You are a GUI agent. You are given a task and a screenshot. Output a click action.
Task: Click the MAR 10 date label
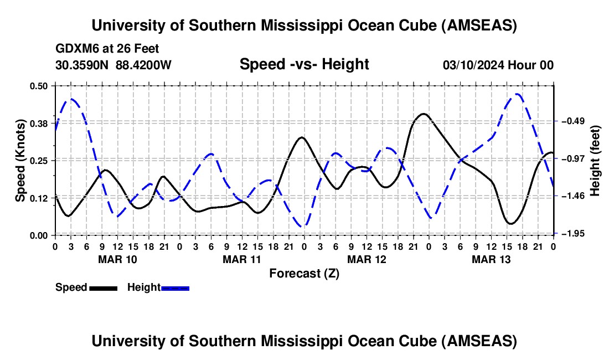click(x=117, y=259)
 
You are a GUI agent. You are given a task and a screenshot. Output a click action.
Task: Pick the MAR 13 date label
click(x=491, y=259)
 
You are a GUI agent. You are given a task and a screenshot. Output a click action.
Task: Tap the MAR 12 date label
click(x=367, y=259)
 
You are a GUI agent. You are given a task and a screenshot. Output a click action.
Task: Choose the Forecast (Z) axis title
click(x=304, y=273)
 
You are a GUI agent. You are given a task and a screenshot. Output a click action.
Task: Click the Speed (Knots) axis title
click(x=20, y=160)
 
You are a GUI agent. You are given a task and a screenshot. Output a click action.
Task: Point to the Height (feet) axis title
click(x=596, y=160)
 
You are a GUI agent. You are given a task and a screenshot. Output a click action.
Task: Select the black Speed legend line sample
click(x=103, y=287)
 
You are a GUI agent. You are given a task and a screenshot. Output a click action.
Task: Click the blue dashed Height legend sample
click(x=176, y=287)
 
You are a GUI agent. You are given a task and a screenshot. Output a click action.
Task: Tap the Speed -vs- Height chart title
click(x=304, y=64)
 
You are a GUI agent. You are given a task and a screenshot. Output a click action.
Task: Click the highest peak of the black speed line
click(x=423, y=114)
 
